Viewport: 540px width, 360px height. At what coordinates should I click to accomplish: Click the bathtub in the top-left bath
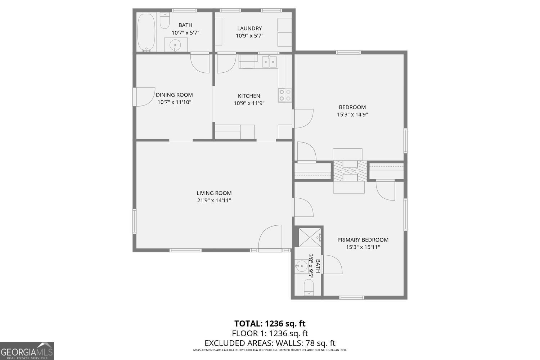(146, 32)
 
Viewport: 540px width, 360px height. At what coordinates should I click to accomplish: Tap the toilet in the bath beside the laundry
(165, 21)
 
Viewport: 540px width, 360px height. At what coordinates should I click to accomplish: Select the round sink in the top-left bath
(175, 45)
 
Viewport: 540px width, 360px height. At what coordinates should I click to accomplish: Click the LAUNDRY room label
(249, 28)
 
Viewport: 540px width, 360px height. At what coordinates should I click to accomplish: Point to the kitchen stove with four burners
(285, 95)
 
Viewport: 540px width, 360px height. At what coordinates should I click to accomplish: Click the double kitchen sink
(269, 62)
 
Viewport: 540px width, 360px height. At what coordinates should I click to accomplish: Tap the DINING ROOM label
(174, 95)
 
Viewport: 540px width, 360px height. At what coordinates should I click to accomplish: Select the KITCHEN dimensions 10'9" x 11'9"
(249, 103)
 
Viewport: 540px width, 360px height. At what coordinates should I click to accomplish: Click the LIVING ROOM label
(214, 193)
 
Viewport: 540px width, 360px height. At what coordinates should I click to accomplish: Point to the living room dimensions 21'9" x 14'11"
(214, 201)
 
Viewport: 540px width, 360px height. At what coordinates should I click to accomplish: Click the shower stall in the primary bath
(310, 238)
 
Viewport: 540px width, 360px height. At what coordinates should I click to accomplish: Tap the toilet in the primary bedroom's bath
(309, 287)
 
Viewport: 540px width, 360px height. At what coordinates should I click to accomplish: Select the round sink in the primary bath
(301, 266)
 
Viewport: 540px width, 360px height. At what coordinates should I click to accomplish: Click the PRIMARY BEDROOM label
(363, 240)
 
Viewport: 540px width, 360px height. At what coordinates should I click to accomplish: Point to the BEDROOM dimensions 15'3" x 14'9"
(352, 114)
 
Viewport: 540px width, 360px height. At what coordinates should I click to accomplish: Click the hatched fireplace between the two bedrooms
(350, 171)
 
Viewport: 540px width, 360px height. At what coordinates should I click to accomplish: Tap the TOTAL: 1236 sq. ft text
(270, 323)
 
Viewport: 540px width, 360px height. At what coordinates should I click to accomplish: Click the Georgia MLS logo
(27, 351)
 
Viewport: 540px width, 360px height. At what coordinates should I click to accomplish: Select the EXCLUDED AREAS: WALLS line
(270, 343)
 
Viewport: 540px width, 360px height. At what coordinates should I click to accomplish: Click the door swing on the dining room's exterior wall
(144, 97)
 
